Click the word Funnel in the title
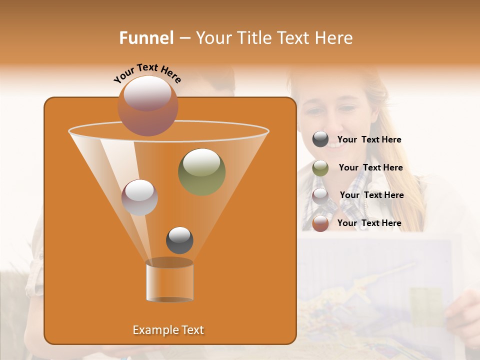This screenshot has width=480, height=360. (146, 38)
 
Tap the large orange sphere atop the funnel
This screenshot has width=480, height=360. (147, 105)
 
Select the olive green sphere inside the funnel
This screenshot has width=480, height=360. (201, 171)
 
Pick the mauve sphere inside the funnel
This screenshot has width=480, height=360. (139, 197)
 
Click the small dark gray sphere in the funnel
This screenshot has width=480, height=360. (179, 240)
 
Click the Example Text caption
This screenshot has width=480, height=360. (168, 330)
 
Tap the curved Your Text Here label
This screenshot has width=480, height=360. (147, 73)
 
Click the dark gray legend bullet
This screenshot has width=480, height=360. (320, 139)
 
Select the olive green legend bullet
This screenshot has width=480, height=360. (320, 168)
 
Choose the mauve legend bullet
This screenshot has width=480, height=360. (320, 195)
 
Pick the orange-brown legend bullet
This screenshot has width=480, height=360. (320, 223)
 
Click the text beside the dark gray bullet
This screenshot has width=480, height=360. (369, 140)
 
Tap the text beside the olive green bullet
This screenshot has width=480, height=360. (370, 168)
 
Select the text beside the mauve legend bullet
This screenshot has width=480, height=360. (371, 195)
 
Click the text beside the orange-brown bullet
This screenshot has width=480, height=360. (369, 223)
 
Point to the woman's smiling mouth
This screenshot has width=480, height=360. (334, 144)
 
